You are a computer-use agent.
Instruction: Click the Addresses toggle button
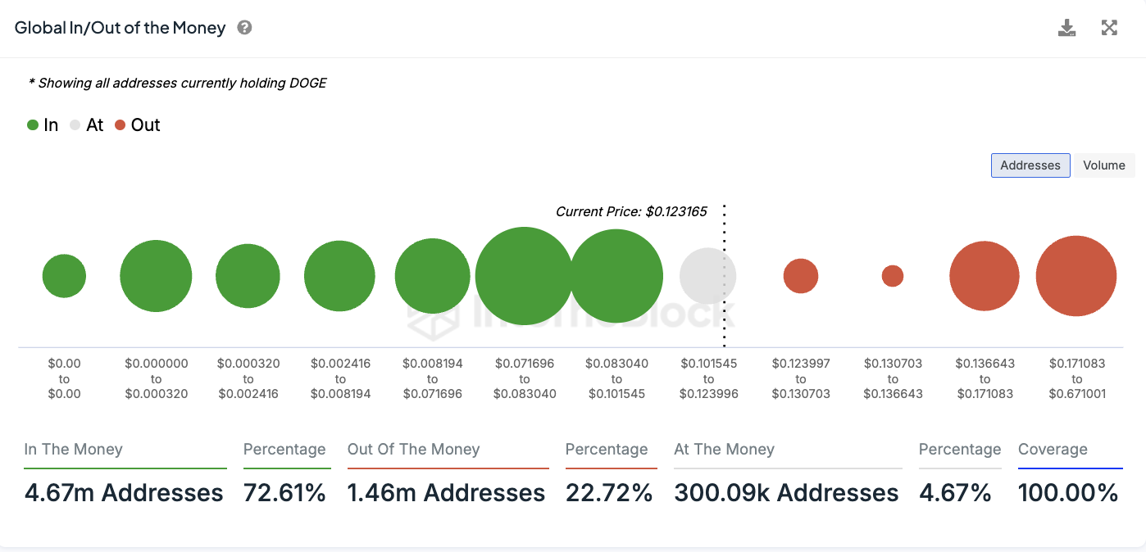[1030, 165]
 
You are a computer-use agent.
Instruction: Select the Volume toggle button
[1103, 165]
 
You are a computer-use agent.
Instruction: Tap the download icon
[1066, 29]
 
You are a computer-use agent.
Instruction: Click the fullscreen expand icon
[1109, 29]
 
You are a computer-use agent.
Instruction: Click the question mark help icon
[244, 28]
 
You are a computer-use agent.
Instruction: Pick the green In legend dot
[33, 125]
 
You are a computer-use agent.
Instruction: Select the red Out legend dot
[121, 125]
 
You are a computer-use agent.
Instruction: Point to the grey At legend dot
[75, 125]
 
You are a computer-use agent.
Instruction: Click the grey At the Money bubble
[707, 276]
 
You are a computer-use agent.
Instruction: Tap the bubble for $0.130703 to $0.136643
[893, 276]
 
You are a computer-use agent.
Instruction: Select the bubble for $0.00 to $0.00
[64, 276]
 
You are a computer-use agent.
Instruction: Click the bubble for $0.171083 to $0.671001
[1076, 276]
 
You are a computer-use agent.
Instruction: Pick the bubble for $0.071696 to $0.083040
[524, 276]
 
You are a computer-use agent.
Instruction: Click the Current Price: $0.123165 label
[631, 211]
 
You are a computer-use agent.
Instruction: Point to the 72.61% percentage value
[284, 493]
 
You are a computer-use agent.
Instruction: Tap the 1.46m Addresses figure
[446, 493]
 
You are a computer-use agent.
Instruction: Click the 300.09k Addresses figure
[786, 493]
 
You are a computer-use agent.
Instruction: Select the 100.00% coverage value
[1068, 493]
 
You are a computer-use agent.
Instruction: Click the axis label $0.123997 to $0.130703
[801, 378]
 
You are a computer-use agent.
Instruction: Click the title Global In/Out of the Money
[121, 28]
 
